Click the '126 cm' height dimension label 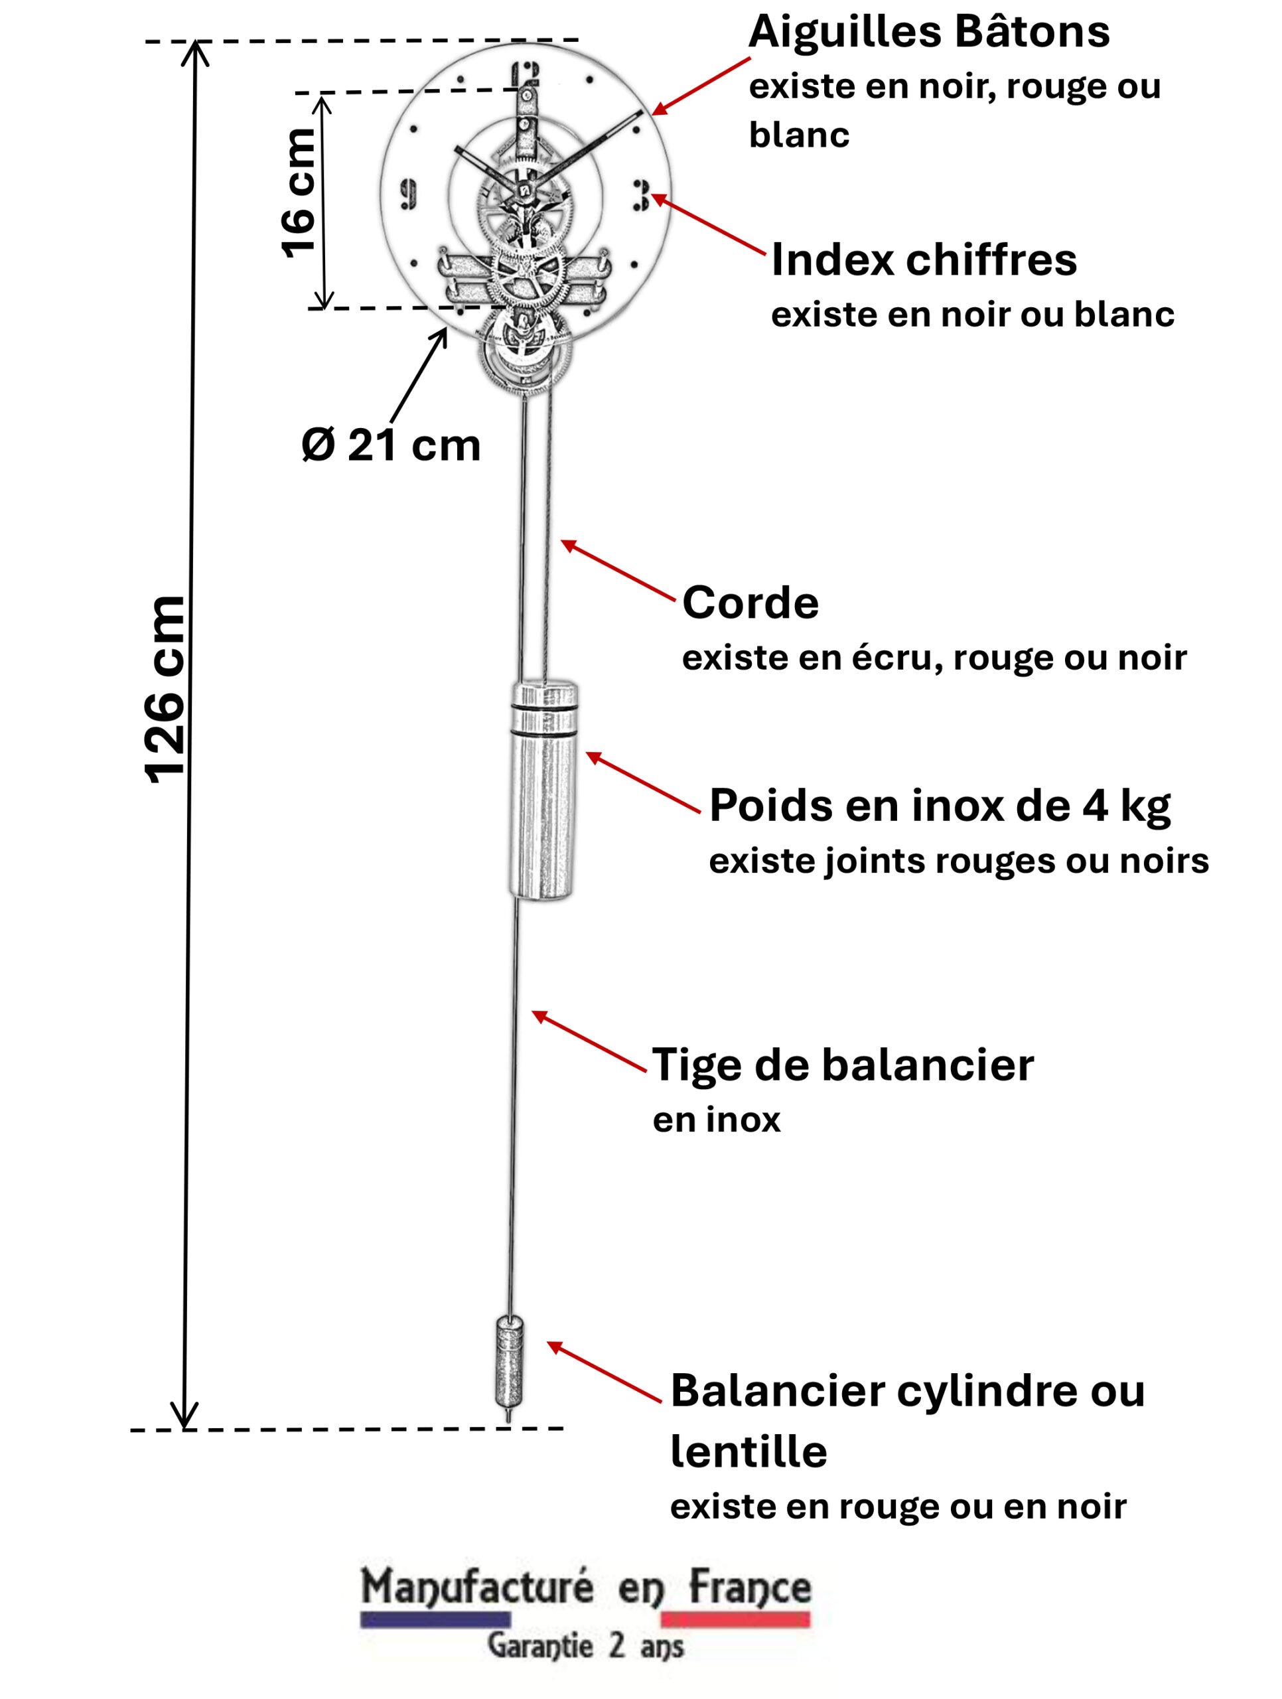(x=166, y=688)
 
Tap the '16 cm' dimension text (x=299, y=192)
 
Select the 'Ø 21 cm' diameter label (x=391, y=445)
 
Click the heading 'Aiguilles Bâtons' (x=929, y=33)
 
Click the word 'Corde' (x=750, y=602)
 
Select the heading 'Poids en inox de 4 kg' (x=939, y=806)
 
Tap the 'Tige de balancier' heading (x=843, y=1065)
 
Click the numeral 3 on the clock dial (x=640, y=195)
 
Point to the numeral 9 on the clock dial (x=409, y=194)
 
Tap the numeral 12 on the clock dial (x=526, y=74)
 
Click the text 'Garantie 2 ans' (x=585, y=1646)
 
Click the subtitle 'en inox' (x=716, y=1120)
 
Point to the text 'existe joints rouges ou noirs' (x=958, y=861)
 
